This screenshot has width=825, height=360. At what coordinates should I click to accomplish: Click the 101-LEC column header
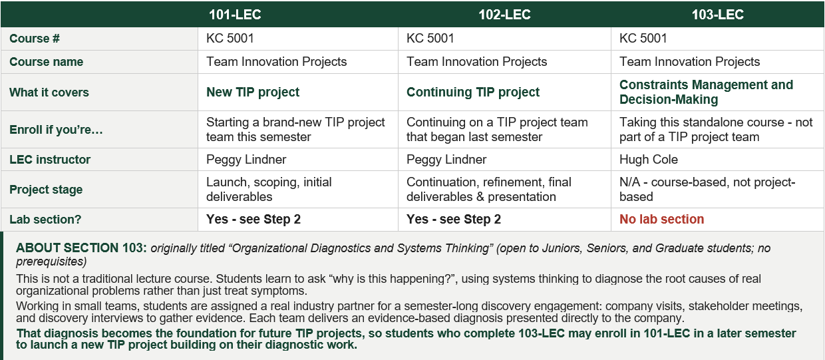tap(235, 15)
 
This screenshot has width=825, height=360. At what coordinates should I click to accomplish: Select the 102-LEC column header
tap(504, 15)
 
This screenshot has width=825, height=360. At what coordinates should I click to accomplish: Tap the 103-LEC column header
tap(717, 15)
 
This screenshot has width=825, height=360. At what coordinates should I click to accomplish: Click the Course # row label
tap(34, 39)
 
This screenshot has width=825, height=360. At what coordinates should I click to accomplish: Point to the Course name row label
tap(46, 61)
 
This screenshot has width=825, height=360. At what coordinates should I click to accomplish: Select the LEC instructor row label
tap(50, 160)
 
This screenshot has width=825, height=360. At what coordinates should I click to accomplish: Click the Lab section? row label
tap(45, 219)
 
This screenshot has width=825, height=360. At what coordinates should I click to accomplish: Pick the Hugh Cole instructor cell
tap(648, 159)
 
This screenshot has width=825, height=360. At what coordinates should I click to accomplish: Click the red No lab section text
tap(661, 219)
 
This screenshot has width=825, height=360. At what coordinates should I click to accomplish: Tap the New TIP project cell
tap(253, 92)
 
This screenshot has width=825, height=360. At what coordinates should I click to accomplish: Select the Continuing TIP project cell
tap(473, 92)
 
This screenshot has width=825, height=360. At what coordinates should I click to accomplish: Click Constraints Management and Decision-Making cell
tap(706, 92)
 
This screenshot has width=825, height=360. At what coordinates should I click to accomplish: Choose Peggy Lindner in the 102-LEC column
tap(446, 159)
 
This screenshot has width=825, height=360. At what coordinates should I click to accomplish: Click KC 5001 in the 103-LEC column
tap(643, 39)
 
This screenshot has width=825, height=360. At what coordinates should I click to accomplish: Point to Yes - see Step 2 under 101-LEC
tap(253, 219)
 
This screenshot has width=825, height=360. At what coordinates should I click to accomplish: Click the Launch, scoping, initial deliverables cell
tap(269, 189)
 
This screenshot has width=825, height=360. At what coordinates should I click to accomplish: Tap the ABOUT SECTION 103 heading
tap(81, 248)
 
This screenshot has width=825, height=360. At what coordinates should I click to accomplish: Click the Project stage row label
tap(46, 190)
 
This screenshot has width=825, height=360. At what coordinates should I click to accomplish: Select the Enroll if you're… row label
tap(56, 130)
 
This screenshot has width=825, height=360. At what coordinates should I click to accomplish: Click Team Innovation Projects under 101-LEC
tap(276, 61)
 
